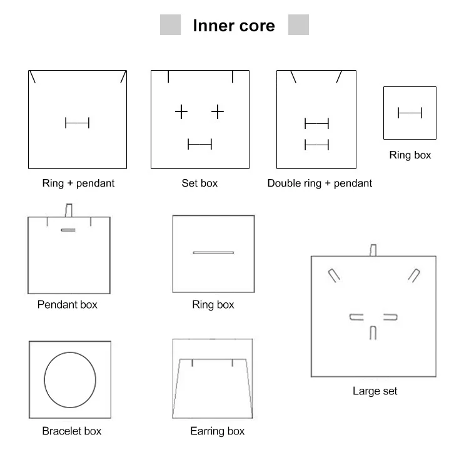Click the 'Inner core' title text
[x=233, y=26]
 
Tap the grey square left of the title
[x=171, y=25]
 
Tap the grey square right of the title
[x=298, y=25]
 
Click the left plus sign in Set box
[x=181, y=112]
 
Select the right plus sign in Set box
[x=217, y=112]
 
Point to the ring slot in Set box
[x=199, y=145]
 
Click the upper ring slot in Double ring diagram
[x=316, y=123]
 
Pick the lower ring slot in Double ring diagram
[x=316, y=145]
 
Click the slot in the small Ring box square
[x=410, y=113]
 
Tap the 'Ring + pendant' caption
[x=78, y=183]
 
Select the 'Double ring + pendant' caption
[x=320, y=183]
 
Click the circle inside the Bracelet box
[x=70, y=379]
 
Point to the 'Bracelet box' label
[x=71, y=431]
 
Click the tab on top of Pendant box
[x=69, y=210]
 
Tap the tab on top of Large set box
[x=373, y=250]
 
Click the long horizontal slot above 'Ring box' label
[x=213, y=253]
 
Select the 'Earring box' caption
[x=217, y=431]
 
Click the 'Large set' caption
[x=375, y=391]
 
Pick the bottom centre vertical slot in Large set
[x=373, y=332]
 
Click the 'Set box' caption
[x=199, y=183]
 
